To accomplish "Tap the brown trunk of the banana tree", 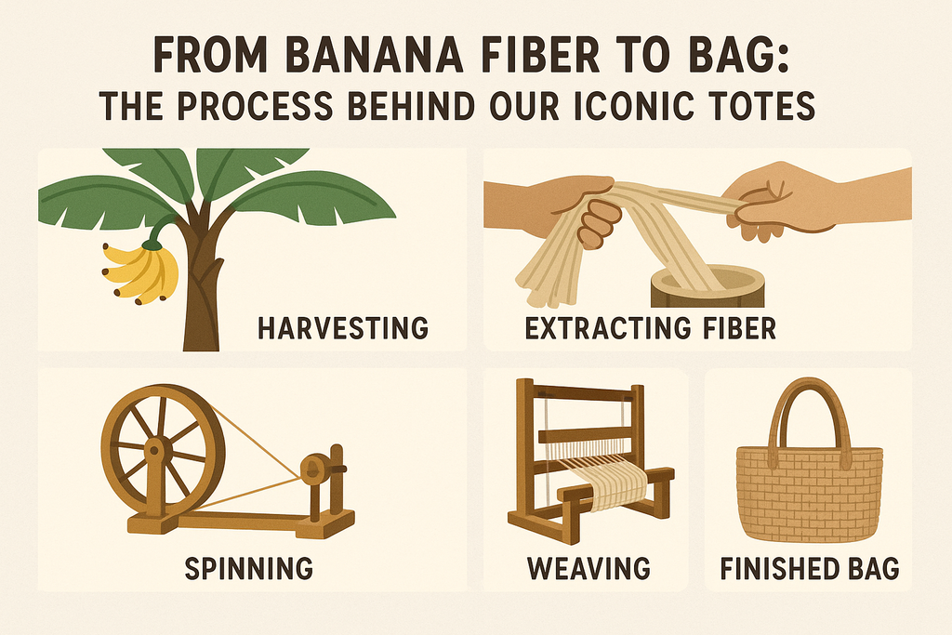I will (201, 298).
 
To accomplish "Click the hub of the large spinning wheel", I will (155, 450).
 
